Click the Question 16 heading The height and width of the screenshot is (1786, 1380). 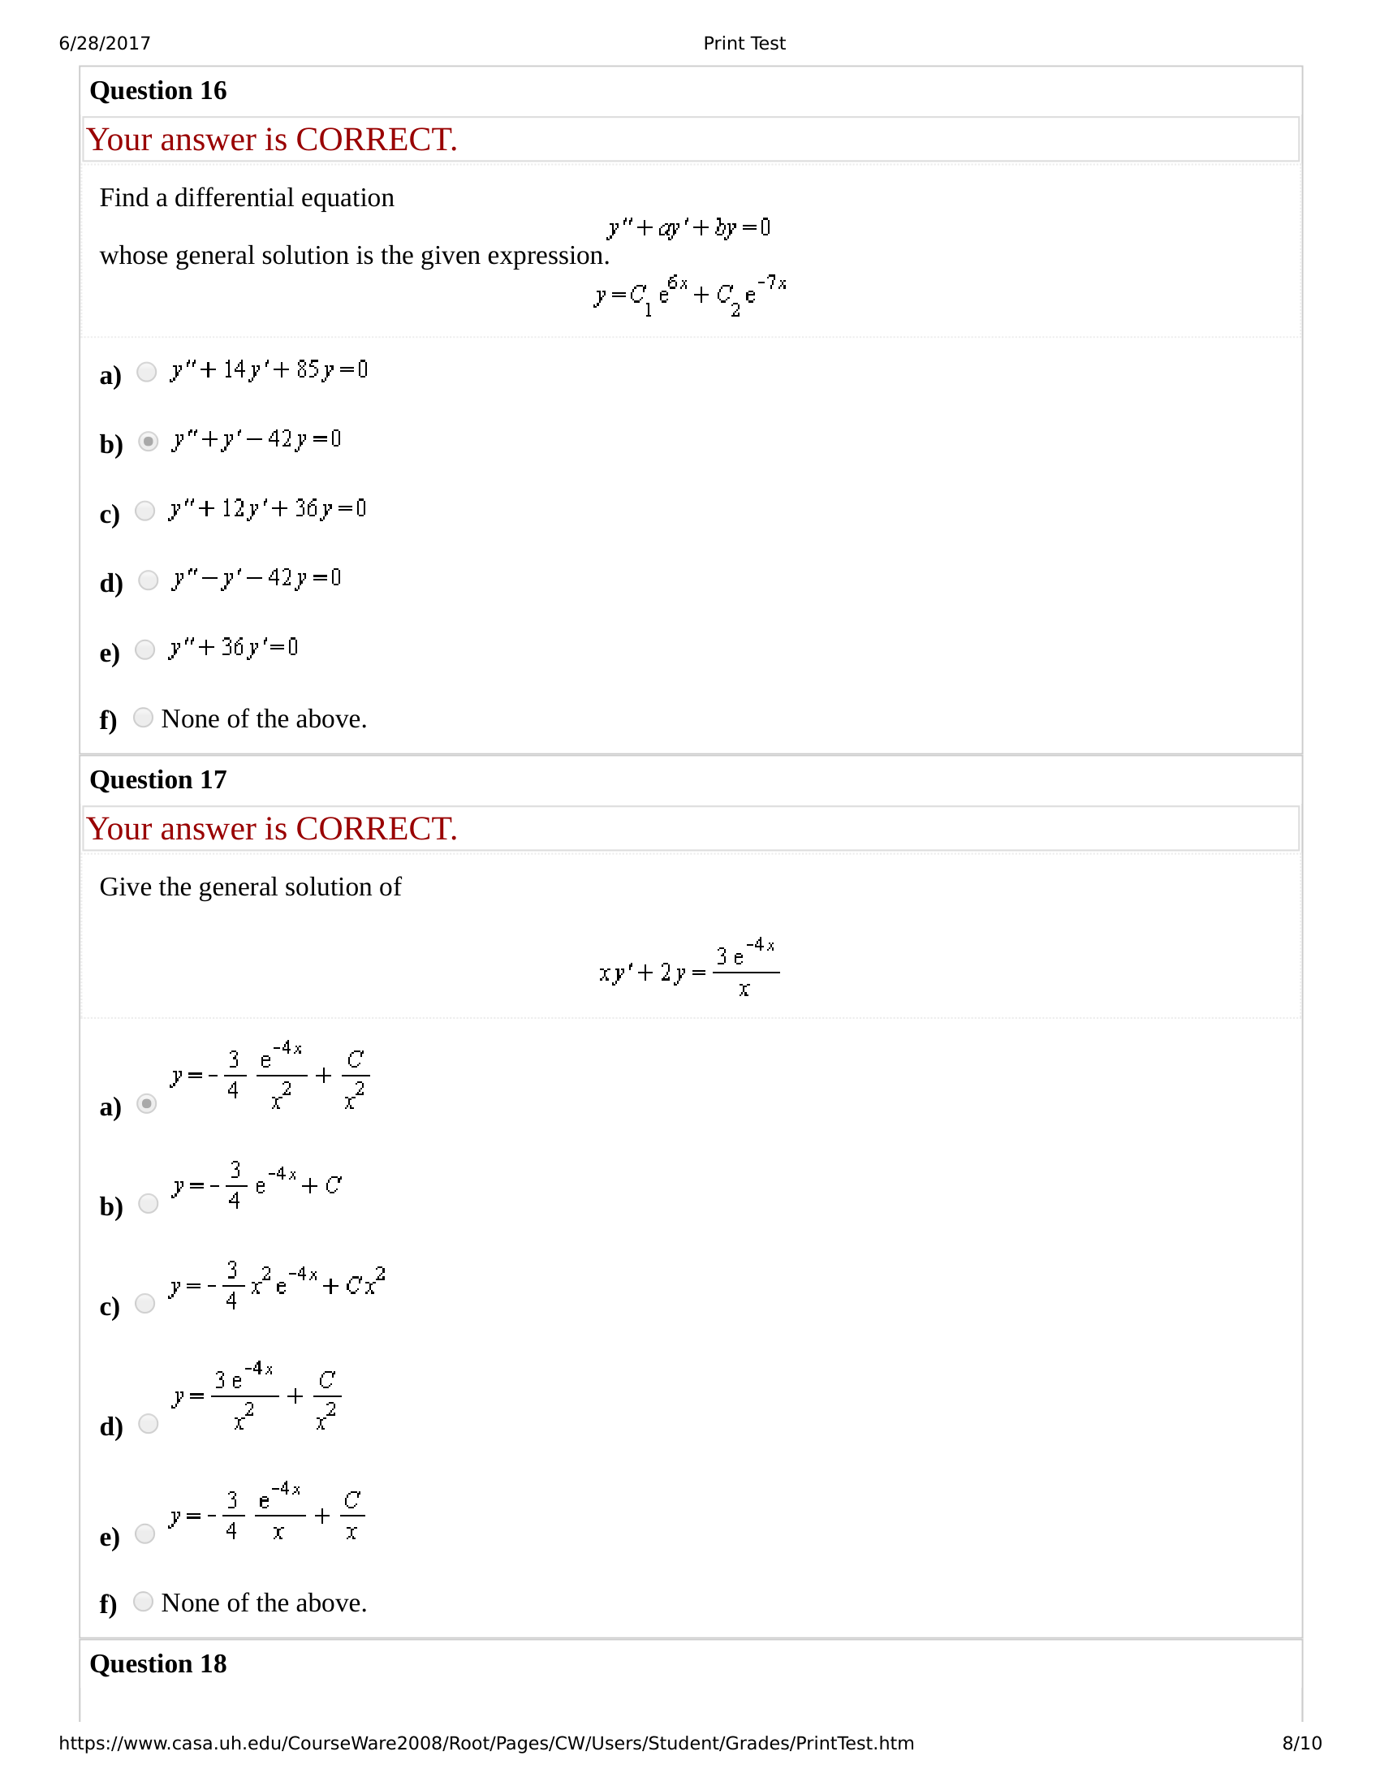(157, 91)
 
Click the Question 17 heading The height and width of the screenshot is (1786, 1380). (157, 780)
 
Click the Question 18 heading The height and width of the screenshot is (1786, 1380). (157, 1664)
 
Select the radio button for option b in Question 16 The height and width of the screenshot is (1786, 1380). (148, 442)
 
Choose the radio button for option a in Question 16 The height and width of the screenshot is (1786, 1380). (146, 372)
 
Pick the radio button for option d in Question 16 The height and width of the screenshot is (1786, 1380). (148, 580)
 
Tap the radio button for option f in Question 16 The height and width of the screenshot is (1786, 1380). (143, 718)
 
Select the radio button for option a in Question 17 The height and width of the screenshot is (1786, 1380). (146, 1104)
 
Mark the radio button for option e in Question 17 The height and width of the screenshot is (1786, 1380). (144, 1534)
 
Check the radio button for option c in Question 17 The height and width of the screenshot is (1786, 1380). (144, 1304)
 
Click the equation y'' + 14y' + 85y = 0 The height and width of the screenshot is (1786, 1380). (269, 370)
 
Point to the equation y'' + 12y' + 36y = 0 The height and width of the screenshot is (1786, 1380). (267, 510)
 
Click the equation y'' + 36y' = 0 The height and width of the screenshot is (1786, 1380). (234, 649)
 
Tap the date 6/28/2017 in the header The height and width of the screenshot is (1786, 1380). (105, 43)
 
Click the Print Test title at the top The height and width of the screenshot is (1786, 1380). (744, 43)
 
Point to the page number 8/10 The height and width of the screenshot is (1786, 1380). (1301, 1744)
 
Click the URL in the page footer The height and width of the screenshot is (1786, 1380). (486, 1744)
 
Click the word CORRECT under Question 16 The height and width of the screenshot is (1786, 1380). (376, 140)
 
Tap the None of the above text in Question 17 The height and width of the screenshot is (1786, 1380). (264, 1603)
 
